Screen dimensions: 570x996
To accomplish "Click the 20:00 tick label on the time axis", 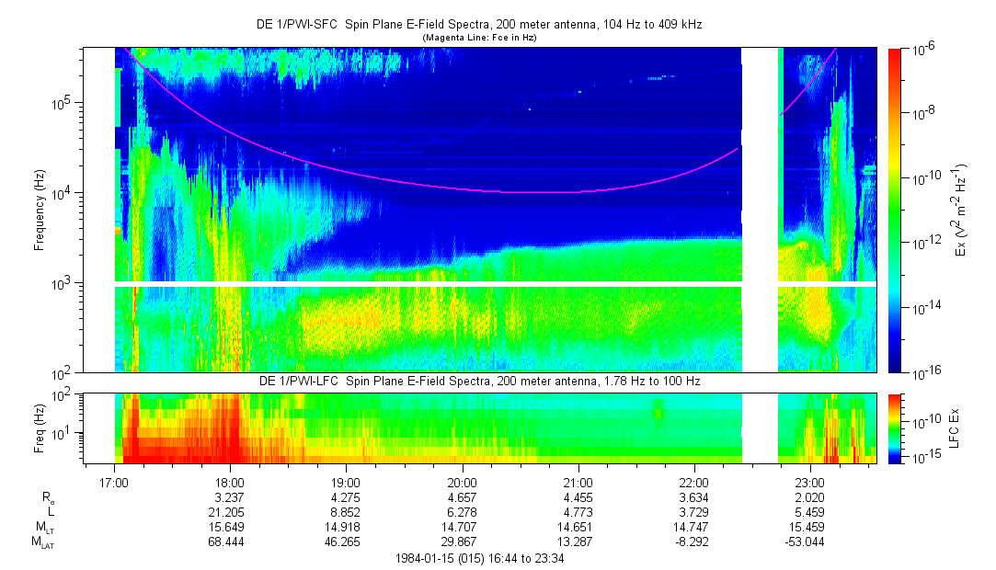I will tap(462, 482).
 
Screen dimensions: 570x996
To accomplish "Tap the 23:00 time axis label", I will tap(809, 482).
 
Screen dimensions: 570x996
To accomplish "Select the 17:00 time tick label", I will tap(114, 482).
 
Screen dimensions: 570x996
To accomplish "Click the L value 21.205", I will tap(230, 510).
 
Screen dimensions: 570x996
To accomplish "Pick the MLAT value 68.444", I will tap(230, 541).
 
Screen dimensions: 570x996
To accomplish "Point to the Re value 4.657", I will tap(462, 496).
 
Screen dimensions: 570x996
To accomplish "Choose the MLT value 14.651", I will tap(578, 526).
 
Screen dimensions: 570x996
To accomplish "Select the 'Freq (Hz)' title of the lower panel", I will tap(39, 428).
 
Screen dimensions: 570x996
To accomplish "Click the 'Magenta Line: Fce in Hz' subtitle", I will tap(478, 38).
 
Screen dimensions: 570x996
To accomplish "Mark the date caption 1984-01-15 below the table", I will tap(478, 558).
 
